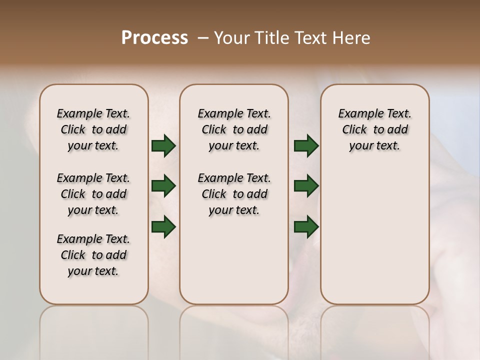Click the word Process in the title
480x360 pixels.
(154, 38)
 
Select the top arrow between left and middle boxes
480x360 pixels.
(163, 146)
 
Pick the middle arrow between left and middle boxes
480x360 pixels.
(163, 186)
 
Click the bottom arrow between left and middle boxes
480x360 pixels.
(163, 227)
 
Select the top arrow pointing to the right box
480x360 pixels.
(306, 146)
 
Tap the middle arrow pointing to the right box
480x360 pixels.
(306, 186)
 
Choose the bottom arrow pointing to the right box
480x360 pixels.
(306, 227)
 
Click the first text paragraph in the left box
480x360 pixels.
(93, 129)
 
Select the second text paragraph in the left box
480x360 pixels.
(93, 194)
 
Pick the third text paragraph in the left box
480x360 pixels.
(93, 255)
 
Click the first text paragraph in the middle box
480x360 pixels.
(234, 129)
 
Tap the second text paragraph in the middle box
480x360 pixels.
(234, 194)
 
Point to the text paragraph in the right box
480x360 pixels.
(375, 129)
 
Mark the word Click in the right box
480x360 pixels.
(354, 130)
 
